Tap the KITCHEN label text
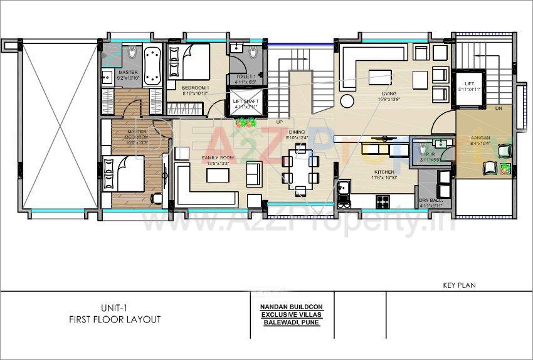(384, 172)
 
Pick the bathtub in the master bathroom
(151, 67)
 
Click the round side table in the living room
(346, 101)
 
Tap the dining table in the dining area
(300, 168)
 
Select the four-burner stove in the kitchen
(383, 201)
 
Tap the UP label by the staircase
(280, 122)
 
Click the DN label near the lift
(499, 109)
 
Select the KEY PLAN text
(459, 285)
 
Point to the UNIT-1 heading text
(115, 307)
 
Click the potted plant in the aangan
(505, 168)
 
